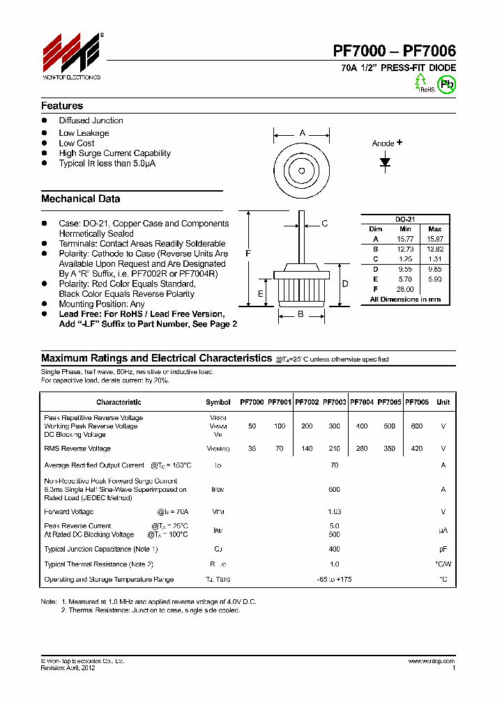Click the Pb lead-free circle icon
click(x=446, y=84)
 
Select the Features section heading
click(x=62, y=106)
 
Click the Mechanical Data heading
click(x=80, y=199)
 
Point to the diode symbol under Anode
click(x=385, y=162)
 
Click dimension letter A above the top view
click(x=302, y=133)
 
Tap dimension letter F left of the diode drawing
click(x=248, y=254)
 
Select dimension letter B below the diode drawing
click(x=301, y=314)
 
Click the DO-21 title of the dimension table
click(x=405, y=218)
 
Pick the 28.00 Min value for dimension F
click(x=405, y=288)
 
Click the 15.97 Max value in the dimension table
click(x=434, y=239)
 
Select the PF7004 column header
click(x=362, y=402)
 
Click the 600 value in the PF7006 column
click(x=417, y=426)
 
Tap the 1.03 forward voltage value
click(x=335, y=511)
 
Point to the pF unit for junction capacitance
click(x=443, y=549)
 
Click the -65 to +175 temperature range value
click(x=335, y=579)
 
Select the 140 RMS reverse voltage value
click(x=307, y=449)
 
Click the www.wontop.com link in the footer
click(x=432, y=661)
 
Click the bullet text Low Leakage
click(x=84, y=133)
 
